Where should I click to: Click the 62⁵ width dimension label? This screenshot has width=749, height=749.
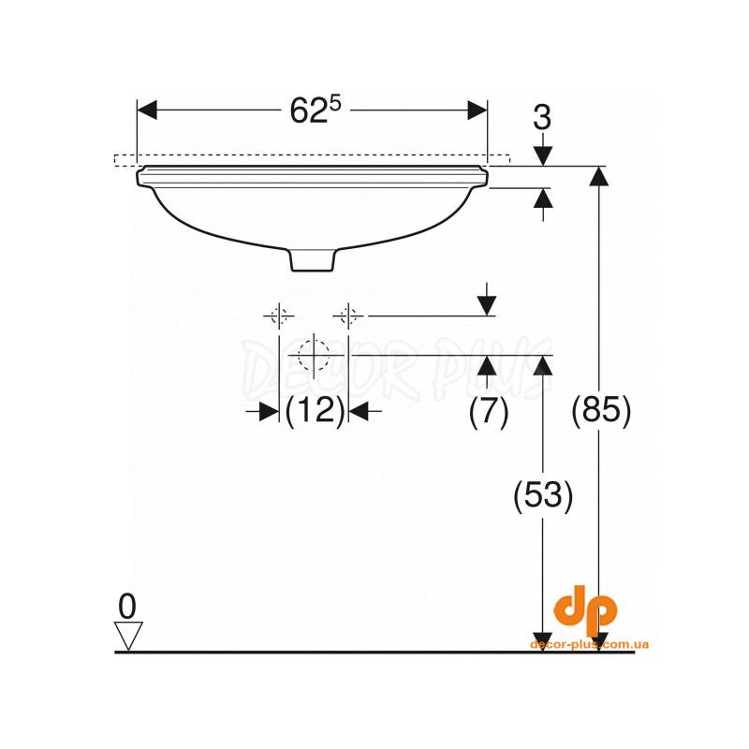tap(316, 110)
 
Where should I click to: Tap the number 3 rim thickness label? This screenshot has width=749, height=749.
tap(542, 117)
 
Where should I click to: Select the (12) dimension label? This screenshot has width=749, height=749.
tap(315, 410)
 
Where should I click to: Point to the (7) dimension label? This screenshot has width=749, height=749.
tap(488, 410)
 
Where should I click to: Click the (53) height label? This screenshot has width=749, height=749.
tap(543, 494)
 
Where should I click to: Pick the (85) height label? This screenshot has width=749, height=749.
tap(601, 410)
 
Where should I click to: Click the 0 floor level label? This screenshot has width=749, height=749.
tap(127, 607)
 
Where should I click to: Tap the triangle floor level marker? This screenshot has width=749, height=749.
tap(128, 636)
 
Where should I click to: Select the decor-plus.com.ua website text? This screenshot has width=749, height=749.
tap(590, 645)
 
